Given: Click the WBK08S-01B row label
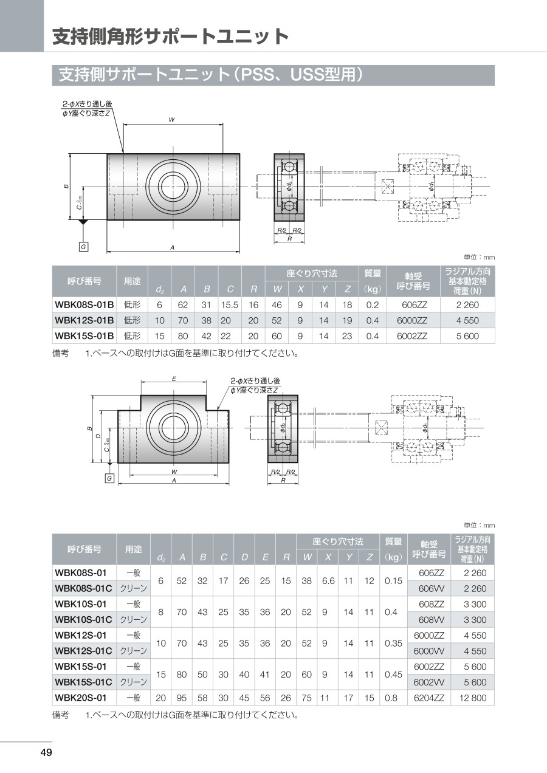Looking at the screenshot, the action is [84, 304].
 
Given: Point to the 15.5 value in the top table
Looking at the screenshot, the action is [230, 304].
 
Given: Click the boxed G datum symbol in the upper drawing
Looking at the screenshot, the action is [83, 247].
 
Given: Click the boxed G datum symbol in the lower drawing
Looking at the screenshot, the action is [109, 478].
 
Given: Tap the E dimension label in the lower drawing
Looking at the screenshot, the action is [174, 379].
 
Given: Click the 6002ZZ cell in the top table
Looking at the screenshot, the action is [412, 336].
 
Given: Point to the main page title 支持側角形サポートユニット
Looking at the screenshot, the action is [171, 36].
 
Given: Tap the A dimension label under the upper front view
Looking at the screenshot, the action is [172, 247].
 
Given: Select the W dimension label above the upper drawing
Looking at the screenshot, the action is [171, 120].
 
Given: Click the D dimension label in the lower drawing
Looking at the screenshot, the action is [98, 436].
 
